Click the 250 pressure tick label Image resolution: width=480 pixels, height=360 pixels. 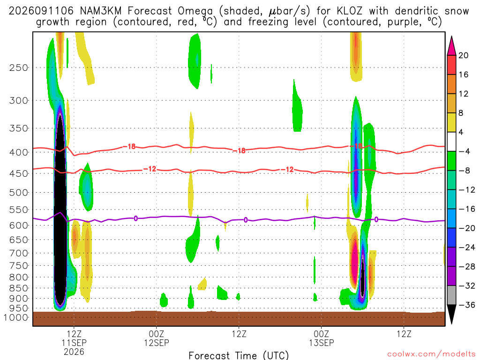pos(19,67)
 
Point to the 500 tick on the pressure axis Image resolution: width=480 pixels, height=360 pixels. pos(19,193)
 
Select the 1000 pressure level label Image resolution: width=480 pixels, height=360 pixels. pos(16,317)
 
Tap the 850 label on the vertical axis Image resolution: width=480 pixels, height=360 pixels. pos(19,288)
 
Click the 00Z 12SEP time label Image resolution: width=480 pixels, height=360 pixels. pos(157,338)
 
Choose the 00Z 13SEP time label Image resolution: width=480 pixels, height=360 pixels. pos(322,338)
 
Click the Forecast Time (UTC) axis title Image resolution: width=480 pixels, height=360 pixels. pos(239,355)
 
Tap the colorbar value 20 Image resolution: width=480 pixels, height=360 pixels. pos(464,55)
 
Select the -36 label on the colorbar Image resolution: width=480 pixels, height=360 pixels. pos(467,305)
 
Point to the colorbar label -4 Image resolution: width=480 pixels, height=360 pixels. pos(464,151)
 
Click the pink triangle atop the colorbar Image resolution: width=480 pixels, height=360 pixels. pos(451,45)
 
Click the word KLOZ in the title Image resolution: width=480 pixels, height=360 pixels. pos(349,11)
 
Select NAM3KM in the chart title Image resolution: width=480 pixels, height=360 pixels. pos(101,11)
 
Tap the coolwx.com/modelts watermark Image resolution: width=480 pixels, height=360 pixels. pos(431,354)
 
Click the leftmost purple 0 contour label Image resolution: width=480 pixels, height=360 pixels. pos(135,218)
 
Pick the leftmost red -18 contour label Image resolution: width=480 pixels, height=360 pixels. pos(130,147)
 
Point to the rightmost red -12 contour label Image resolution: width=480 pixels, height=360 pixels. pos(287,169)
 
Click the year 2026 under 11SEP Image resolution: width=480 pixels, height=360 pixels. pos(74,352)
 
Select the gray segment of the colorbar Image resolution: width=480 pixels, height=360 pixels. pos(451,295)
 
